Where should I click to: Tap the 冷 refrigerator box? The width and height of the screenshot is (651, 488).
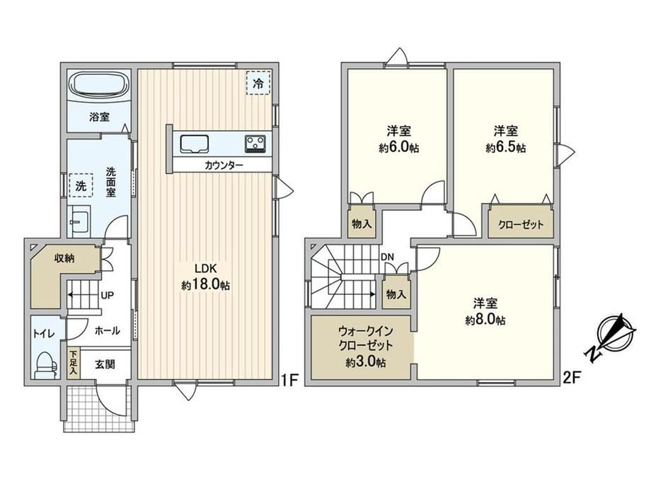pos(258,83)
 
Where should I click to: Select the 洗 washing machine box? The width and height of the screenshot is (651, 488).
pos(81,186)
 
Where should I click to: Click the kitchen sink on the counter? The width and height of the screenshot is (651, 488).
pos(195,144)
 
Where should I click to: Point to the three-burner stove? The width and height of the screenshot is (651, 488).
pos(256,144)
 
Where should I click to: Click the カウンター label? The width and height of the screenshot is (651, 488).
pos(224,165)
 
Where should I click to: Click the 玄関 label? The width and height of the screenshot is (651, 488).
pos(105,364)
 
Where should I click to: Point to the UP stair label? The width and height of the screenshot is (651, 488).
pos(108,296)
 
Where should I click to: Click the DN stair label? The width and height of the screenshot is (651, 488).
pos(387,257)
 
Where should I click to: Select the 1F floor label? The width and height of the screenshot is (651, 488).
pos(289,379)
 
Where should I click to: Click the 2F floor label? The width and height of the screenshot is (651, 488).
pos(571,377)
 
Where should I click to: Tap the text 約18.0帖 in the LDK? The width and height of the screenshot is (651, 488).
pos(205,285)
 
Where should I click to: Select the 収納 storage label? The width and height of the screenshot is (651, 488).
pos(64,258)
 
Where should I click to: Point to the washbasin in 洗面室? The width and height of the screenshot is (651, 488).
pos(79,221)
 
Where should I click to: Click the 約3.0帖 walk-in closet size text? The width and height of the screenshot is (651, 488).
pos(366,362)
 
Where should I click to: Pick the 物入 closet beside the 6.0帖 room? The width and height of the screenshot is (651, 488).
pos(362,224)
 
